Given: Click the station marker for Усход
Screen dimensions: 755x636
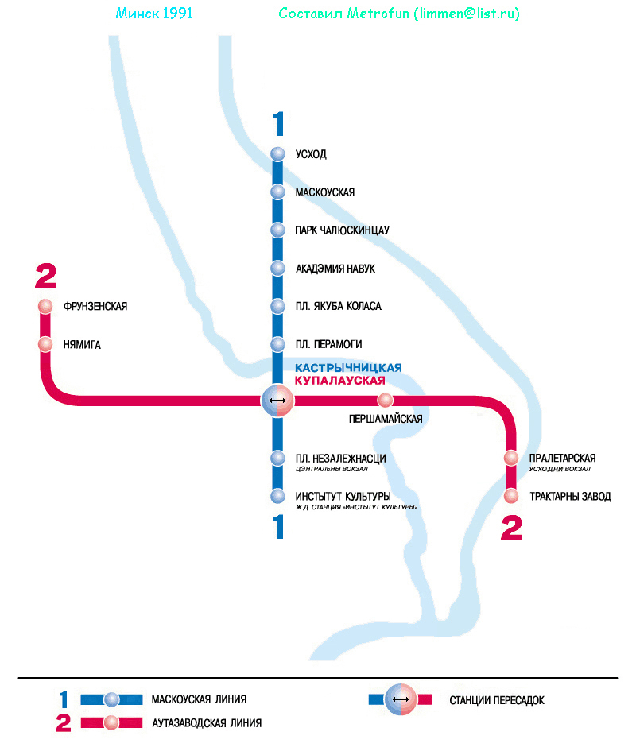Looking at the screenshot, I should [277, 154].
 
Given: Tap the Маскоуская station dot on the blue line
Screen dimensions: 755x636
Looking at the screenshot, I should [277, 192].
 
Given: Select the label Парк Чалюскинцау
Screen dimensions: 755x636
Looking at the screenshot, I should [342, 230].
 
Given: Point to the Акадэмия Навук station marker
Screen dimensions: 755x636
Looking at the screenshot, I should [277, 269].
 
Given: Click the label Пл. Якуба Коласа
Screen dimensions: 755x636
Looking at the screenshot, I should [338, 307].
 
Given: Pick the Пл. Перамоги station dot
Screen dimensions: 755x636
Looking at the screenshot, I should [277, 345].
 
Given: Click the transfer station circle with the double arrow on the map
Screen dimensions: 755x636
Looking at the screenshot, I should [277, 400].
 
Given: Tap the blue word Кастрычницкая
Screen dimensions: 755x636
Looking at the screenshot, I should [348, 368].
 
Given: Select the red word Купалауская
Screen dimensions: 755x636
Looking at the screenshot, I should [345, 381].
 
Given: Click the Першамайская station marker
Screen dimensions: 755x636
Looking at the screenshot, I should [386, 400].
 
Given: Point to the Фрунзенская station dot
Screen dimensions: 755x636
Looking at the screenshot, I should [45, 307].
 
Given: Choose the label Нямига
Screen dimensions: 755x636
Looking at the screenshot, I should [82, 345].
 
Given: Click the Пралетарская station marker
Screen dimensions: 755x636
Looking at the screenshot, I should [512, 459].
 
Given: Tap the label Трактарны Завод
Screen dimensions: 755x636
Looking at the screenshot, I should [570, 497].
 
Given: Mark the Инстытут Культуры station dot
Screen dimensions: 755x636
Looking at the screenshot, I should [277, 497].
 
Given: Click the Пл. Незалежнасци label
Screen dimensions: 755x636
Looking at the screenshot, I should [340, 459].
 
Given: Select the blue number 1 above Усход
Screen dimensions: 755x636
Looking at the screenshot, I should [277, 125].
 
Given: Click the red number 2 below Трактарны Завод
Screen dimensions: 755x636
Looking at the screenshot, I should [512, 528].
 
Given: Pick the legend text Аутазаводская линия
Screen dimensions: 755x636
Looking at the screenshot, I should [206, 723].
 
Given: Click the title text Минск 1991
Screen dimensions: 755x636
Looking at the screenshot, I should [154, 14].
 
